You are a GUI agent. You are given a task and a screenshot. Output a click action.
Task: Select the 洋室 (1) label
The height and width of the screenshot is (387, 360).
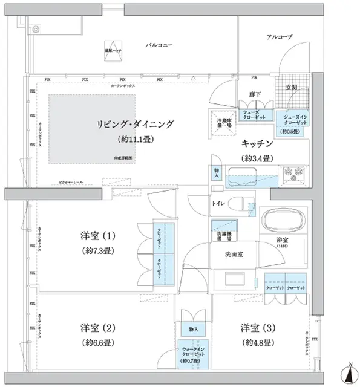97,235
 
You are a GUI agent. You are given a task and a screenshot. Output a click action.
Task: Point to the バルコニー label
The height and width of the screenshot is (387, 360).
160,45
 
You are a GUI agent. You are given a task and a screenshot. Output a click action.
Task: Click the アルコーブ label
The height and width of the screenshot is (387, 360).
280,37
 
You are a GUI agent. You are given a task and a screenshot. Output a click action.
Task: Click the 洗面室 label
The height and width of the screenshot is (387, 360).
234,255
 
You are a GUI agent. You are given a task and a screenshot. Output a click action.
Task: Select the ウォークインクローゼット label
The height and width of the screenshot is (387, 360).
193,354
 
